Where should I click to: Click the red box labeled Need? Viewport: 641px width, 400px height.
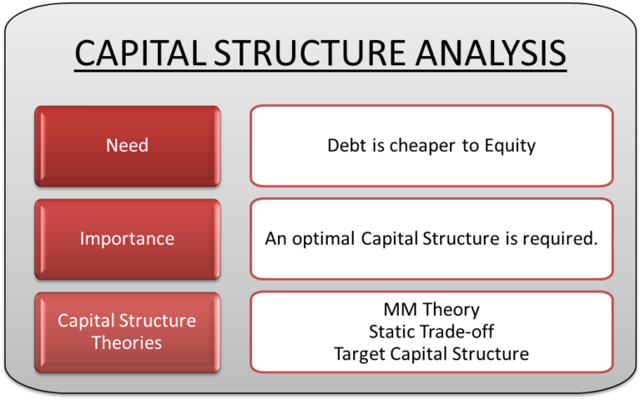[127, 145]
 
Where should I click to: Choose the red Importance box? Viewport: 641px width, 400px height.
[127, 239]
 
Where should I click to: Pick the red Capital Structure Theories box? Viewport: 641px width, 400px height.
[127, 332]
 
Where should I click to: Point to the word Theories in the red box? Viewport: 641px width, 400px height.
[127, 342]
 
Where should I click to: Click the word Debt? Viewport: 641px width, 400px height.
[345, 146]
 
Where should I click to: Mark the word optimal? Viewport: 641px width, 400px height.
[324, 239]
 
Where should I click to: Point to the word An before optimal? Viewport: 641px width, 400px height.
[275, 239]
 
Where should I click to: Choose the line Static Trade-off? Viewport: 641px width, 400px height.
[431, 332]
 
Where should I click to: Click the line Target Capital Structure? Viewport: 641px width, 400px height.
[431, 354]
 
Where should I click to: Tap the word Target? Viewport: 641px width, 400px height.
[360, 354]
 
